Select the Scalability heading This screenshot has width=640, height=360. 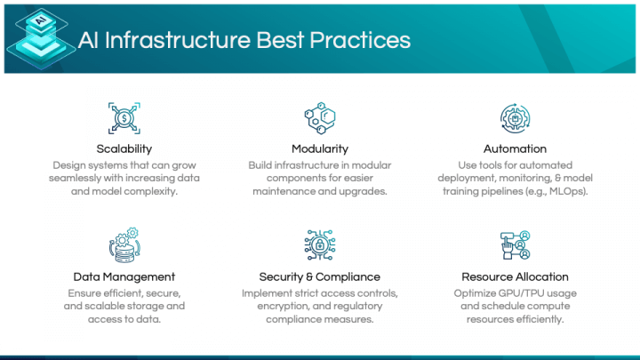[x=124, y=148]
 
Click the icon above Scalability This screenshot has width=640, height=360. [x=124, y=116]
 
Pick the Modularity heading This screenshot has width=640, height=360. [x=320, y=148]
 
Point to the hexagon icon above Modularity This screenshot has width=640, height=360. [x=320, y=116]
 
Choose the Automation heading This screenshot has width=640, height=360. [x=515, y=148]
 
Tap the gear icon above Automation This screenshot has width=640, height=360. [x=515, y=116]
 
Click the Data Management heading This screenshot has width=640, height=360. [x=124, y=276]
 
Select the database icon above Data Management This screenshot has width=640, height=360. [x=124, y=244]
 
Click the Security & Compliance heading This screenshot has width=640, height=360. [x=320, y=276]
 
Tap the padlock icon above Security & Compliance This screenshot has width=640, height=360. [x=320, y=244]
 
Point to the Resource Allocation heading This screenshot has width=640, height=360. [x=515, y=276]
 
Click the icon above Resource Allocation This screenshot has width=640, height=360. [x=515, y=244]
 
